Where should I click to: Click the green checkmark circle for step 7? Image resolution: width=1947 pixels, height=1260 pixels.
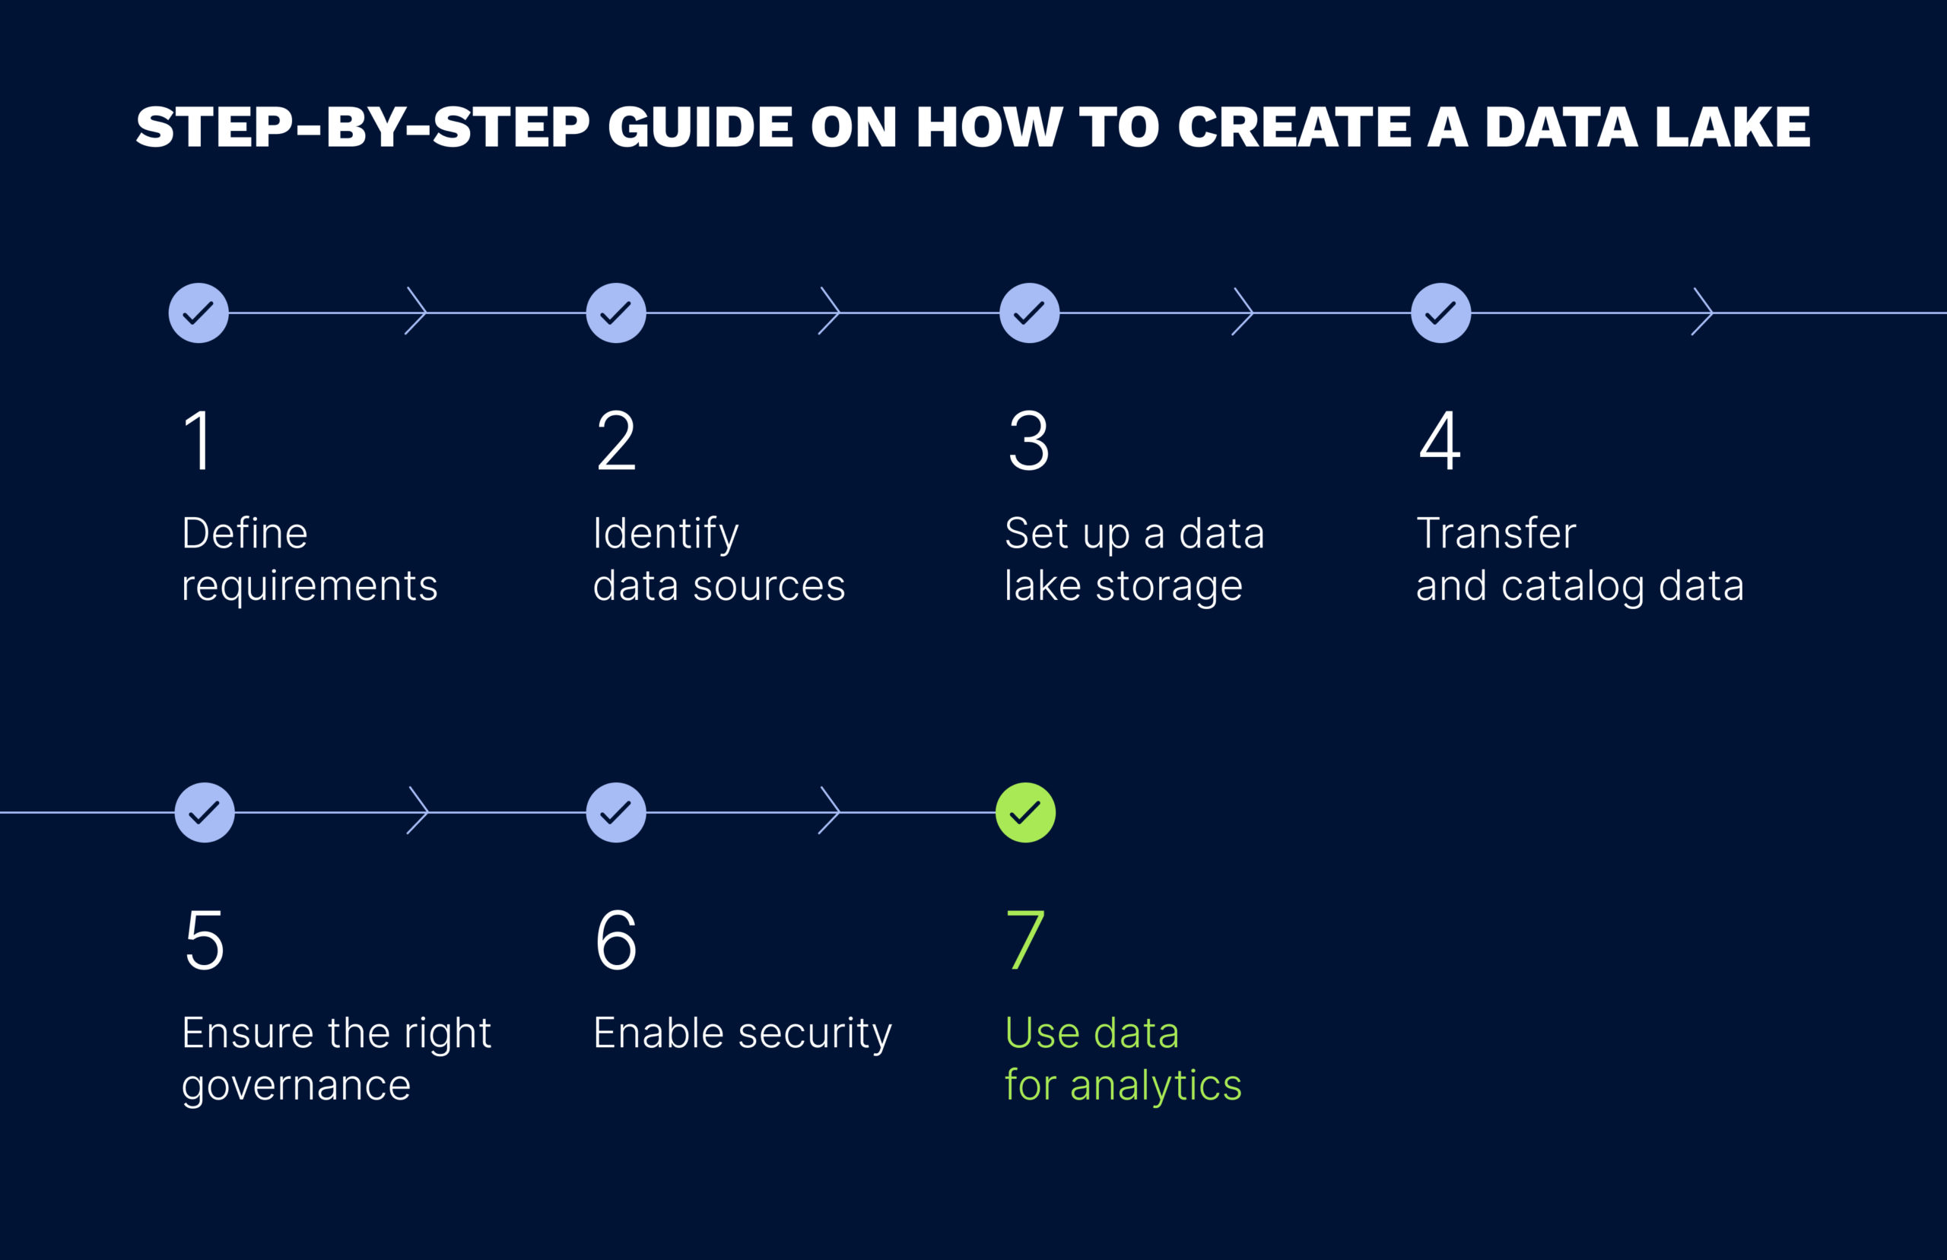pos(1025,812)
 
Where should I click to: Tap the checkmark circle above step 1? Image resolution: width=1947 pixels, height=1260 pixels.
pos(199,313)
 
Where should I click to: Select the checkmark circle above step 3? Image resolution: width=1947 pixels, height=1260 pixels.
pos(1029,313)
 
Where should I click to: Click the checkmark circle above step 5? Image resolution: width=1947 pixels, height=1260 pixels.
pos(205,812)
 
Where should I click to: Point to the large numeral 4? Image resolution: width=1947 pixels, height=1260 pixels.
pos(1440,440)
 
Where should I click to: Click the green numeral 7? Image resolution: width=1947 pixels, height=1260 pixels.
pos(1025,939)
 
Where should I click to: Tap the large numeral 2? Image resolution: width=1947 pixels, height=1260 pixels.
pos(616,440)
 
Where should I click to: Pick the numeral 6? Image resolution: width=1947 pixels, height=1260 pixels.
pos(616,939)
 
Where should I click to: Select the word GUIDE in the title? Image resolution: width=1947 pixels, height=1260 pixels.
pos(700,127)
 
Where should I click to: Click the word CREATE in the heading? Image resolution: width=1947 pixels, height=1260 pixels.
pos(1294,127)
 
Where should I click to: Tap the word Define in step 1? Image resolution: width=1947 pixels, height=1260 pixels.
pos(245,534)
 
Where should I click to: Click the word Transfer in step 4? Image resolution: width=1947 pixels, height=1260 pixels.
pos(1496,534)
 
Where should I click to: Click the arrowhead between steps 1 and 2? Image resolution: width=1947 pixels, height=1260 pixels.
pos(416,312)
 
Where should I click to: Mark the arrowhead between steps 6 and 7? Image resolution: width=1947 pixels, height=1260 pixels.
pos(829,811)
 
